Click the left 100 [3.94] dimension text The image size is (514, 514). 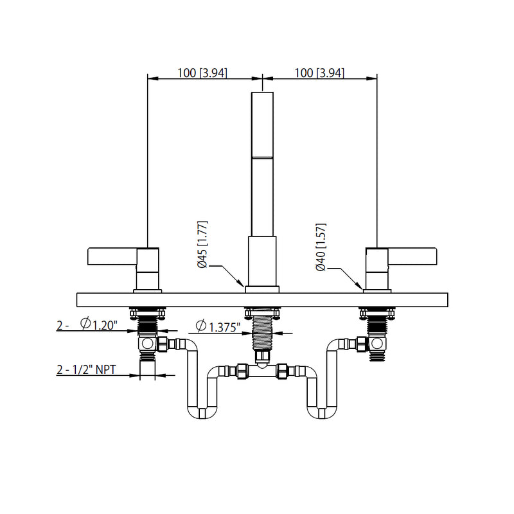tap(202, 73)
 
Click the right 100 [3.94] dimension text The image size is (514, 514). tap(319, 73)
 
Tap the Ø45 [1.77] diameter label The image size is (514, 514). tap(202, 245)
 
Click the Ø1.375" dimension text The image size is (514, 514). tap(218, 327)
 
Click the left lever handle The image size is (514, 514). tap(112, 257)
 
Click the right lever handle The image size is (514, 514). tap(411, 257)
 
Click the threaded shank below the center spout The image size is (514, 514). tap(263, 331)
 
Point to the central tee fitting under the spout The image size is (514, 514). tap(263, 371)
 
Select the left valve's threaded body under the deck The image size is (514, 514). tap(149, 325)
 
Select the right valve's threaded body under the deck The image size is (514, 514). tap(377, 325)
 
